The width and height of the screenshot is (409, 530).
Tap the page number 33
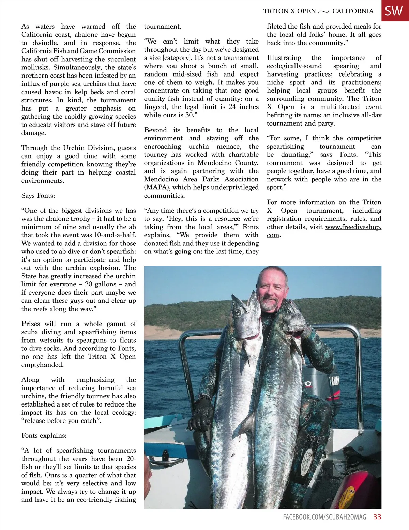pos(377,517)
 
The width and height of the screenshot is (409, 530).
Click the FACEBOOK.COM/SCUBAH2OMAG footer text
pos(324,517)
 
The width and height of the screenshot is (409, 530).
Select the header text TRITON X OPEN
pos(289,11)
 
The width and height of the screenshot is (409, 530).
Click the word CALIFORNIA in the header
pos(353,11)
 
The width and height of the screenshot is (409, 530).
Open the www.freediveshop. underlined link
pos(353,227)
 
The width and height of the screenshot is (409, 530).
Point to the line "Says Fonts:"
pos(38,196)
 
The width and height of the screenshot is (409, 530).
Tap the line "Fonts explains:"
pos(44,436)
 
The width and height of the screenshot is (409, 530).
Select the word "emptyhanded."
pos(43,365)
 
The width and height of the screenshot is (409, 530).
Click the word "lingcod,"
pos(156,107)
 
